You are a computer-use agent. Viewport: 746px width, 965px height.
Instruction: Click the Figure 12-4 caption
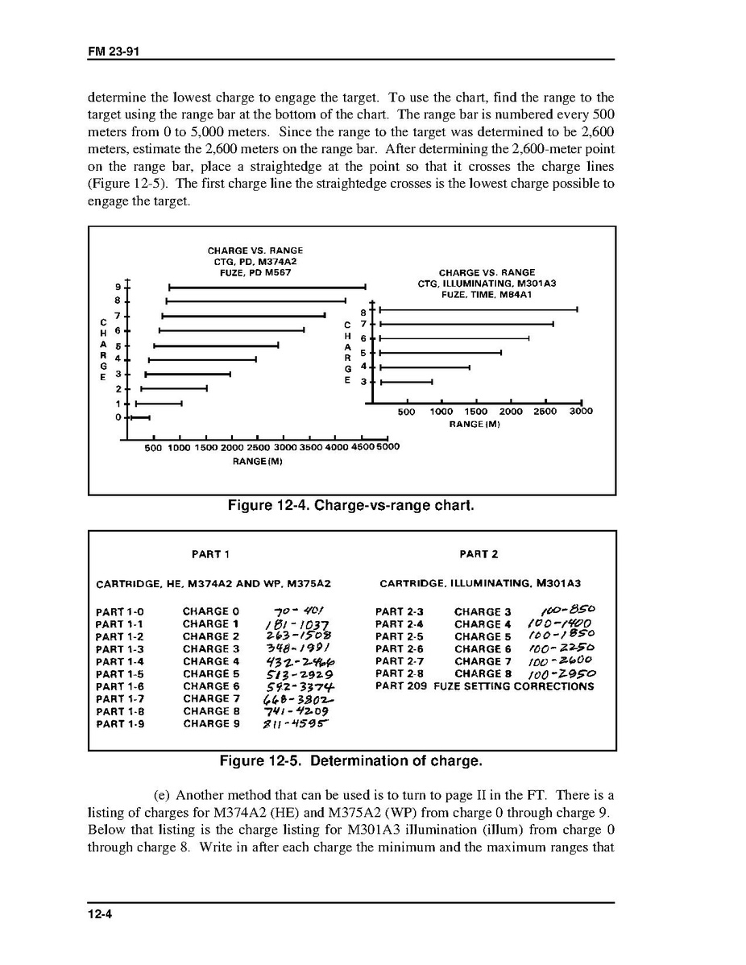tap(351, 506)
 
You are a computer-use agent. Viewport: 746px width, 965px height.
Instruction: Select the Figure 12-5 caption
tap(351, 761)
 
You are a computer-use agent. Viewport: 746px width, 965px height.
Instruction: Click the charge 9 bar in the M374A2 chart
tap(267, 287)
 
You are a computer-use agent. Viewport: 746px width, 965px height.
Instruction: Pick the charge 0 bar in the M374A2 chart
tap(141, 417)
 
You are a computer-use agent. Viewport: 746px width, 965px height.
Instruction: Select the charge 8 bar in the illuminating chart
tap(479, 309)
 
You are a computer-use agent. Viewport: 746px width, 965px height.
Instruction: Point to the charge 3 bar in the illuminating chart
tap(406, 382)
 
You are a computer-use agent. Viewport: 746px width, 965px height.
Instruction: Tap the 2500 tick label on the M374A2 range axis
tap(258, 448)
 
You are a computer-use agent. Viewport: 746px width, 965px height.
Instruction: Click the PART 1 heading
tap(211, 554)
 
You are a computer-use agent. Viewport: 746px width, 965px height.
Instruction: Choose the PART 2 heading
tap(479, 554)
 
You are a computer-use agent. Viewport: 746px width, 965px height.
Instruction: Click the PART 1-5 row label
tap(120, 674)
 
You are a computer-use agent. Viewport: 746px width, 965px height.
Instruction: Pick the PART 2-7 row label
tap(400, 661)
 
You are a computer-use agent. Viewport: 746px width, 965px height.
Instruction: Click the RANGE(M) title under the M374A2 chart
tap(258, 462)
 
